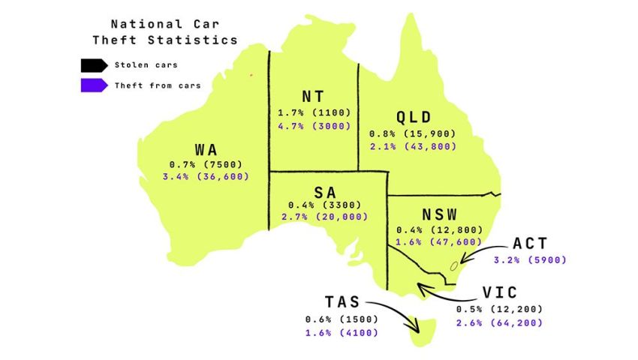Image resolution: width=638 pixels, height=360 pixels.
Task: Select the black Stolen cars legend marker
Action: coord(95,65)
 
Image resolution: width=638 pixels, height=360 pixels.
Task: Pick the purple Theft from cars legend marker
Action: coord(95,85)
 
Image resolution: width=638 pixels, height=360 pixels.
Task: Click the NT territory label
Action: coord(313,97)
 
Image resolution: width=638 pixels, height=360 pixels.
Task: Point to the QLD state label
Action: coord(413,118)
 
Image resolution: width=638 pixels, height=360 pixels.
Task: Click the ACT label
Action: coord(530,244)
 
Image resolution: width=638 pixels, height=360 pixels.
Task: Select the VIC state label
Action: coord(499,293)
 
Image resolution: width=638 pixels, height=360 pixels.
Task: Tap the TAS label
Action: coord(342,303)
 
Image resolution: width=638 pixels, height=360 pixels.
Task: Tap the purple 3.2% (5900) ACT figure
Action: coord(530,260)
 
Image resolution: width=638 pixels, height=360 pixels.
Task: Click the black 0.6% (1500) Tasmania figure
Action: coord(342,319)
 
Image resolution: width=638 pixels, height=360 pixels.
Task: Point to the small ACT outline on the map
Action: coord(453,265)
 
